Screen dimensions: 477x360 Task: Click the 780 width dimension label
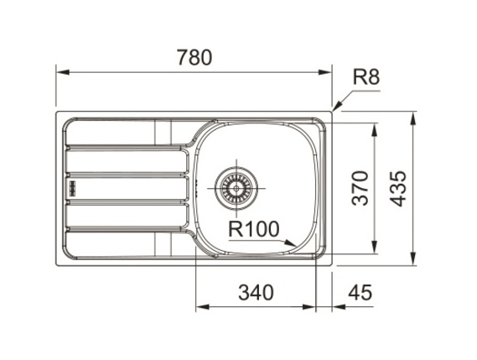tap(194, 58)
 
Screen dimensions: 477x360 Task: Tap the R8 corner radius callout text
tap(366, 76)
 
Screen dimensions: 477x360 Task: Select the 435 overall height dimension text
tap(398, 189)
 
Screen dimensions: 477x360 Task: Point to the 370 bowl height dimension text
tap(360, 188)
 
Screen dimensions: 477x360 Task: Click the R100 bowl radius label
tap(253, 229)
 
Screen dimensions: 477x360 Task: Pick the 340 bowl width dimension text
tap(256, 292)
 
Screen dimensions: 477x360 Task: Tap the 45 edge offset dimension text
tap(360, 292)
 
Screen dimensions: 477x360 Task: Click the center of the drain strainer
tap(236, 188)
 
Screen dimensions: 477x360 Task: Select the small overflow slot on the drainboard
tap(73, 189)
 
